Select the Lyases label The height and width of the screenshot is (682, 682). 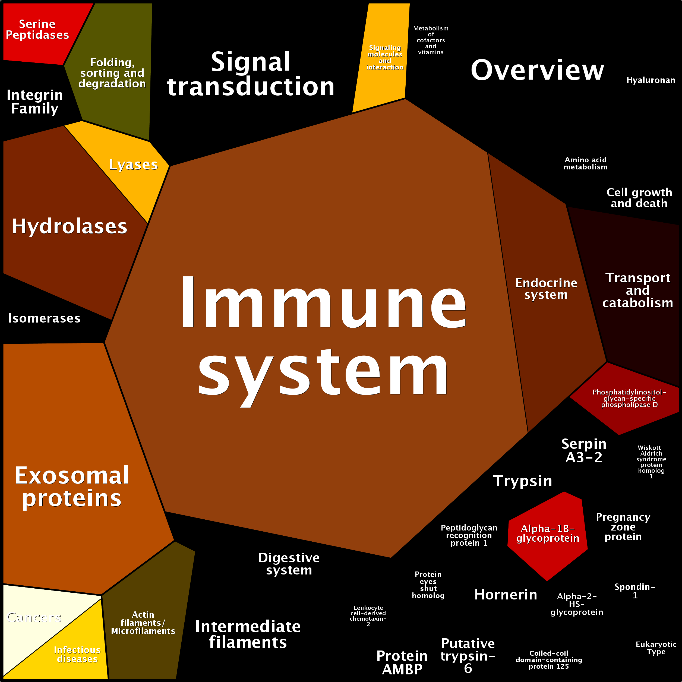tap(133, 165)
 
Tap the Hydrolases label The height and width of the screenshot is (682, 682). tap(70, 226)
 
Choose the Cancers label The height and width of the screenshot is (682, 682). tap(34, 617)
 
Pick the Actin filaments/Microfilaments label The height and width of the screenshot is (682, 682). tap(143, 623)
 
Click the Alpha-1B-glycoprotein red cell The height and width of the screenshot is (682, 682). tap(548, 533)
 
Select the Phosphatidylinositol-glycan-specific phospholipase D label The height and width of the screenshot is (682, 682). tap(629, 398)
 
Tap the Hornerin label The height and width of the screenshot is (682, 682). tap(506, 595)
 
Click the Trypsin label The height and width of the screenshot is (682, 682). tap(522, 481)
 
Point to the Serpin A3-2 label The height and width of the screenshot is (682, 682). tap(584, 450)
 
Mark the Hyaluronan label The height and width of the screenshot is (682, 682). tap(651, 80)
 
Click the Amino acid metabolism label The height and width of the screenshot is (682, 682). tap(586, 163)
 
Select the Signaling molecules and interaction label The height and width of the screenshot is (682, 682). tap(385, 58)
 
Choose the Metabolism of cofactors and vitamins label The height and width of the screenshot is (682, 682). tap(431, 40)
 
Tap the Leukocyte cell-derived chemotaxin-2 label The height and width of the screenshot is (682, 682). tap(368, 616)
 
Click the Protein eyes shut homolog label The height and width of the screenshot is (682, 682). tap(428, 585)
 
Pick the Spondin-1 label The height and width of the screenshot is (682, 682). tap(635, 591)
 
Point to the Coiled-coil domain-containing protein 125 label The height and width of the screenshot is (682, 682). tap(549, 660)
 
